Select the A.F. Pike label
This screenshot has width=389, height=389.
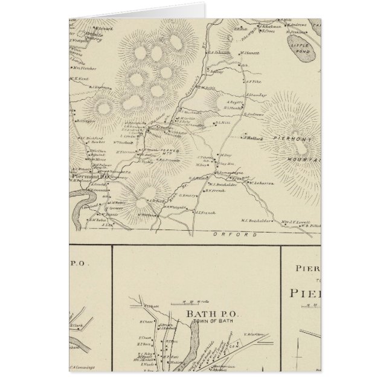click(x=252, y=79)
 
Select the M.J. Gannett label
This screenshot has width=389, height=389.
click(x=250, y=53)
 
